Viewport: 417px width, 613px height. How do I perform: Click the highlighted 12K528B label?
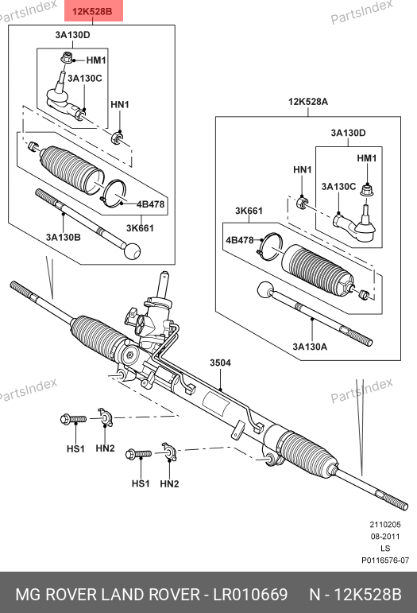coord(93,11)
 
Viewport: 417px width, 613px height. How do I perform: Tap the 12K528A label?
coord(308,102)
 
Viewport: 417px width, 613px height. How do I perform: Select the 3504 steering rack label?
coord(220,363)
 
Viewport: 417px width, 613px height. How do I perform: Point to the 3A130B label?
coord(64,237)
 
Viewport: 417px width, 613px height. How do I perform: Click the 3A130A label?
coord(310,347)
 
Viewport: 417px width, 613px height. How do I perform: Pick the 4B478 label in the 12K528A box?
coord(240,239)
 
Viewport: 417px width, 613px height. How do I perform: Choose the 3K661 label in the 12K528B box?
coord(140,228)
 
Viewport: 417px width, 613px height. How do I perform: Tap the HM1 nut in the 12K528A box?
coord(366,190)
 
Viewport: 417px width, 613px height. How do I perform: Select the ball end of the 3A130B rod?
coord(132,251)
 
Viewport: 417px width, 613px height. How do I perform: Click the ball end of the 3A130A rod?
coord(266,289)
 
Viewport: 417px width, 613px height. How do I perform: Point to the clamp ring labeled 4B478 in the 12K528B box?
coord(114,193)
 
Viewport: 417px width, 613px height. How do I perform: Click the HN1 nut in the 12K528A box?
coord(302,202)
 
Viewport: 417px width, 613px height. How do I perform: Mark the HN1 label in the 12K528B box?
coord(120,104)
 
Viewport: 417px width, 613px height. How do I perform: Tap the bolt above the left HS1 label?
coord(73,419)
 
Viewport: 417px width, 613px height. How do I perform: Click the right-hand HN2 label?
coord(169,484)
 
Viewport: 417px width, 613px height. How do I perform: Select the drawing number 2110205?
coord(385,525)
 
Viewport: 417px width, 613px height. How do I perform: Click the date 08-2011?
coord(385,537)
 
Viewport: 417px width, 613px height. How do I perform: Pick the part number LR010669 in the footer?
coord(250,595)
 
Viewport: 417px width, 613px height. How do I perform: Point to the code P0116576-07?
coord(385,561)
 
